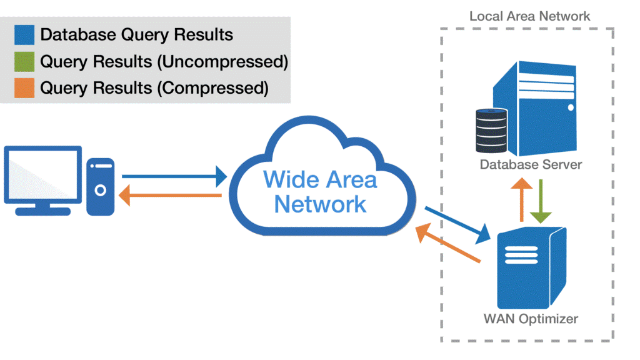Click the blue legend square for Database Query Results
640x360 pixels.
pyautogui.click(x=24, y=35)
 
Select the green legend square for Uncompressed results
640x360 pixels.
pyautogui.click(x=24, y=62)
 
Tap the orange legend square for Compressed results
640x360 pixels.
pyautogui.click(x=24, y=89)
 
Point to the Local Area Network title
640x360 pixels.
pyautogui.click(x=529, y=16)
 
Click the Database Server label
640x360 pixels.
pyautogui.click(x=531, y=165)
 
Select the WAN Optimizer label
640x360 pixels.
pyautogui.click(x=531, y=319)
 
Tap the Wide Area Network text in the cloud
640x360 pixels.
pyautogui.click(x=320, y=191)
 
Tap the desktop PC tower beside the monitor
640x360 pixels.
pyautogui.click(x=101, y=186)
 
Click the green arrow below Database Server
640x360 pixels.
pyautogui.click(x=541, y=201)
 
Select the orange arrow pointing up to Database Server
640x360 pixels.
pyautogui.click(x=521, y=201)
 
